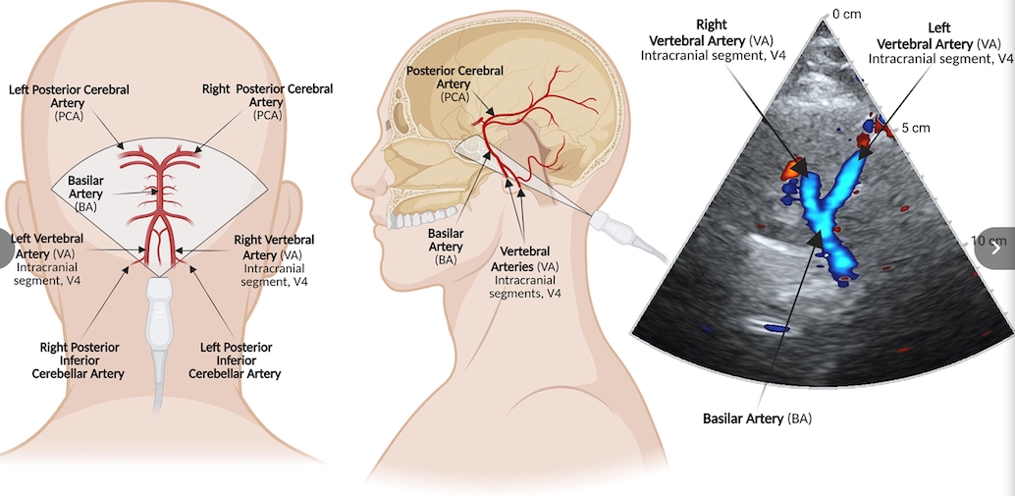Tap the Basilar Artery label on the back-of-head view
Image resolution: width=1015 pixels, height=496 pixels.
tap(85, 194)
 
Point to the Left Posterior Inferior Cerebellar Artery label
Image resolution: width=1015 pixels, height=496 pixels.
tap(235, 360)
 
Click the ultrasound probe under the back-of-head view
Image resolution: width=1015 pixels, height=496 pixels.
tap(158, 324)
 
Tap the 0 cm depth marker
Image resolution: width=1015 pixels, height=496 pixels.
tap(846, 15)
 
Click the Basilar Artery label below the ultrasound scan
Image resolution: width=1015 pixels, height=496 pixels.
tap(757, 418)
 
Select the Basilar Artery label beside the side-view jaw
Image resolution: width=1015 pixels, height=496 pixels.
tap(446, 247)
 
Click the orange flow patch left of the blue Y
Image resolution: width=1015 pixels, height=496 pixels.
tap(791, 170)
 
